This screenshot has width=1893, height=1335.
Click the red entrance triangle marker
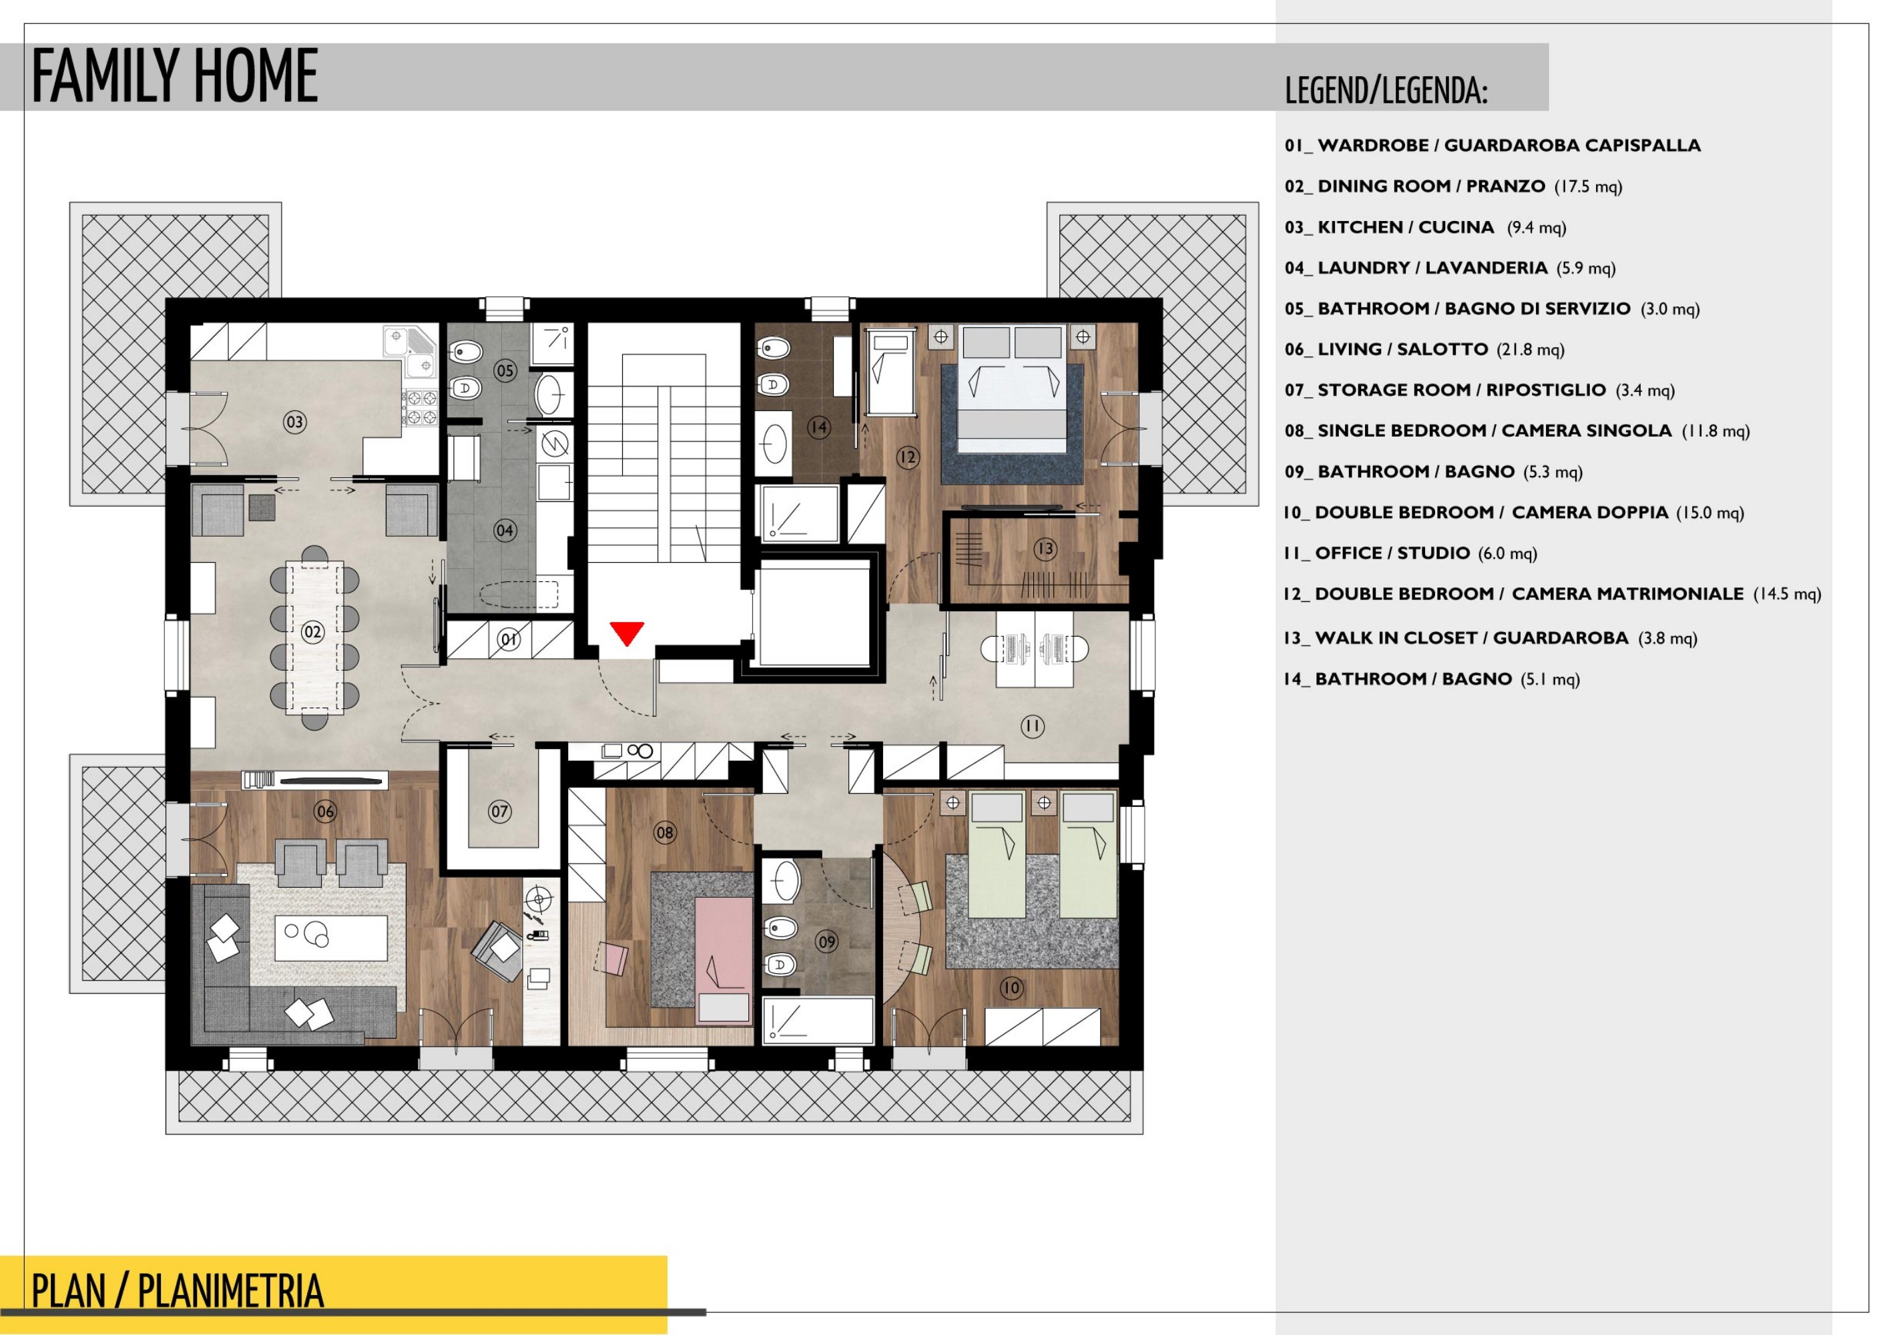click(627, 632)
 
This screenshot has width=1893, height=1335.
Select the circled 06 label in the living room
click(326, 812)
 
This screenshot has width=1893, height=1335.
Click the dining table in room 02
click(315, 637)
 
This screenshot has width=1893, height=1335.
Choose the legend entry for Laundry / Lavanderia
click(1449, 268)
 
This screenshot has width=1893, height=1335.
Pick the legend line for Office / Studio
click(1410, 553)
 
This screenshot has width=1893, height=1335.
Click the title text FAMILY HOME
click(174, 76)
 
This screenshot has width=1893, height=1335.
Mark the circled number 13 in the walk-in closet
click(1045, 548)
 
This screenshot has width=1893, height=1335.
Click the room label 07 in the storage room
click(500, 812)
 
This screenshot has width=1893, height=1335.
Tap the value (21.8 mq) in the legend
click(1531, 350)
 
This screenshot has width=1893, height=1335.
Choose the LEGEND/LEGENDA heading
click(1386, 91)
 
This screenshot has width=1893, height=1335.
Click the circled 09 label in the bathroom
click(826, 942)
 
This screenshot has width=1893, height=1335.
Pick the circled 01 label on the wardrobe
click(509, 639)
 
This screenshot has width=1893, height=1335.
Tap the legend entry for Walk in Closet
click(1490, 638)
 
